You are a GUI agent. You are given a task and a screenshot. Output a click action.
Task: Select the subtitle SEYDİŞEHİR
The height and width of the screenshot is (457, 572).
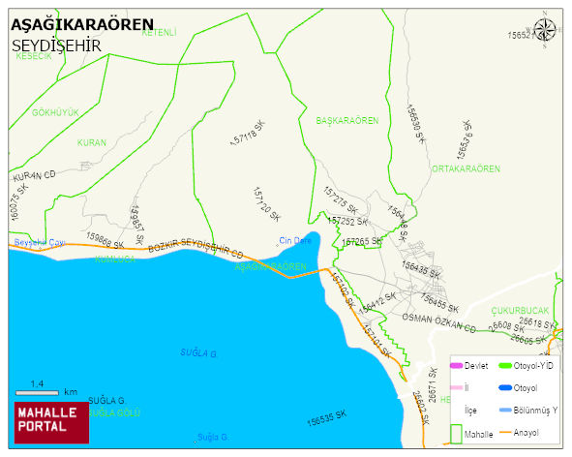tap(57, 46)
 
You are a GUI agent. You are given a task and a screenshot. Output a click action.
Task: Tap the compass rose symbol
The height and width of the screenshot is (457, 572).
tap(545, 29)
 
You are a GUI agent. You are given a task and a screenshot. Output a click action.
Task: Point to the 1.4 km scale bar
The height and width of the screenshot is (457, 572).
tap(38, 391)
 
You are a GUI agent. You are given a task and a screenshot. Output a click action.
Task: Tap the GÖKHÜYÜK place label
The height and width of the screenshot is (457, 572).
tap(55, 112)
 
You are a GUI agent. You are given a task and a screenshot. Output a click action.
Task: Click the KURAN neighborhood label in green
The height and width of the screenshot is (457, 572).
tap(91, 142)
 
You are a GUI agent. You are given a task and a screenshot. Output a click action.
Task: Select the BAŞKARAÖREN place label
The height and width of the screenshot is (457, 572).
tap(347, 120)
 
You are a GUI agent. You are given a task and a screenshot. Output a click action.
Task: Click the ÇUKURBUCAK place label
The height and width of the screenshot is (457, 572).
tap(520, 311)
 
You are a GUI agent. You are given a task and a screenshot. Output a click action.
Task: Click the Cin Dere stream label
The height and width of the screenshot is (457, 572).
tap(295, 240)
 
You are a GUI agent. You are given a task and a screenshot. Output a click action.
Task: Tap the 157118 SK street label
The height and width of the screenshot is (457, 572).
tap(247, 135)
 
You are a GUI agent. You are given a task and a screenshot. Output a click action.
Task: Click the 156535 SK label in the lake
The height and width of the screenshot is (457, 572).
tap(325, 420)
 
